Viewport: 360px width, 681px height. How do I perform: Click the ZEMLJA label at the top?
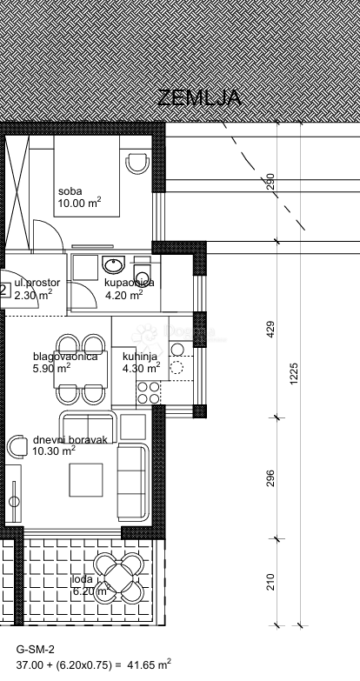click(x=199, y=98)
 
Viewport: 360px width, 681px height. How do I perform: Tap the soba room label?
click(x=70, y=191)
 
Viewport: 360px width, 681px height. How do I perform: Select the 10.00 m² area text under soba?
click(x=79, y=204)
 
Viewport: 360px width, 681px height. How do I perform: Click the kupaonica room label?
click(x=129, y=283)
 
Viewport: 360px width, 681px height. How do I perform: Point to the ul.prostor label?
click(x=37, y=283)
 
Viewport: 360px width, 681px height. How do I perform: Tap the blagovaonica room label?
click(x=65, y=356)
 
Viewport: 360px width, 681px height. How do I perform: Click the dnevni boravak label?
click(x=70, y=440)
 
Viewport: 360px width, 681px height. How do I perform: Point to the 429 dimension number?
click(x=270, y=330)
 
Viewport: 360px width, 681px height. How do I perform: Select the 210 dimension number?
click(x=270, y=581)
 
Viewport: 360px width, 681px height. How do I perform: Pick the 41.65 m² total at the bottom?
click(x=150, y=664)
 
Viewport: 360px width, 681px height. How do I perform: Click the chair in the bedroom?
click(x=137, y=163)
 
